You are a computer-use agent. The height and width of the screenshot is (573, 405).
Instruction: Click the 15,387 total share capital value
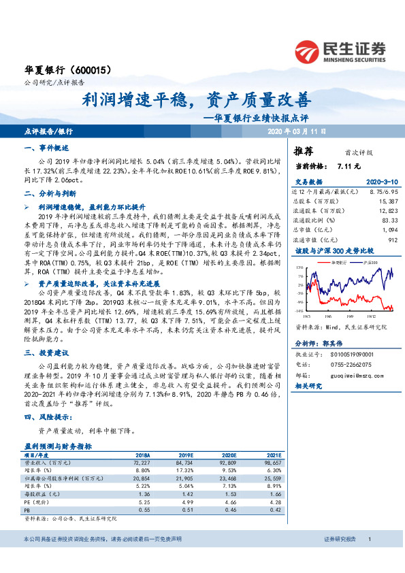tap(388, 201)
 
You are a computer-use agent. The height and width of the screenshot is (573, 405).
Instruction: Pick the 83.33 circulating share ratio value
tap(389, 220)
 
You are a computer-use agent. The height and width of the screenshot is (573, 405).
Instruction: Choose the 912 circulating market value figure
tap(393, 240)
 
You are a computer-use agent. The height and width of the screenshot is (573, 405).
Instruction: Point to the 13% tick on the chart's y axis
tap(299, 269)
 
